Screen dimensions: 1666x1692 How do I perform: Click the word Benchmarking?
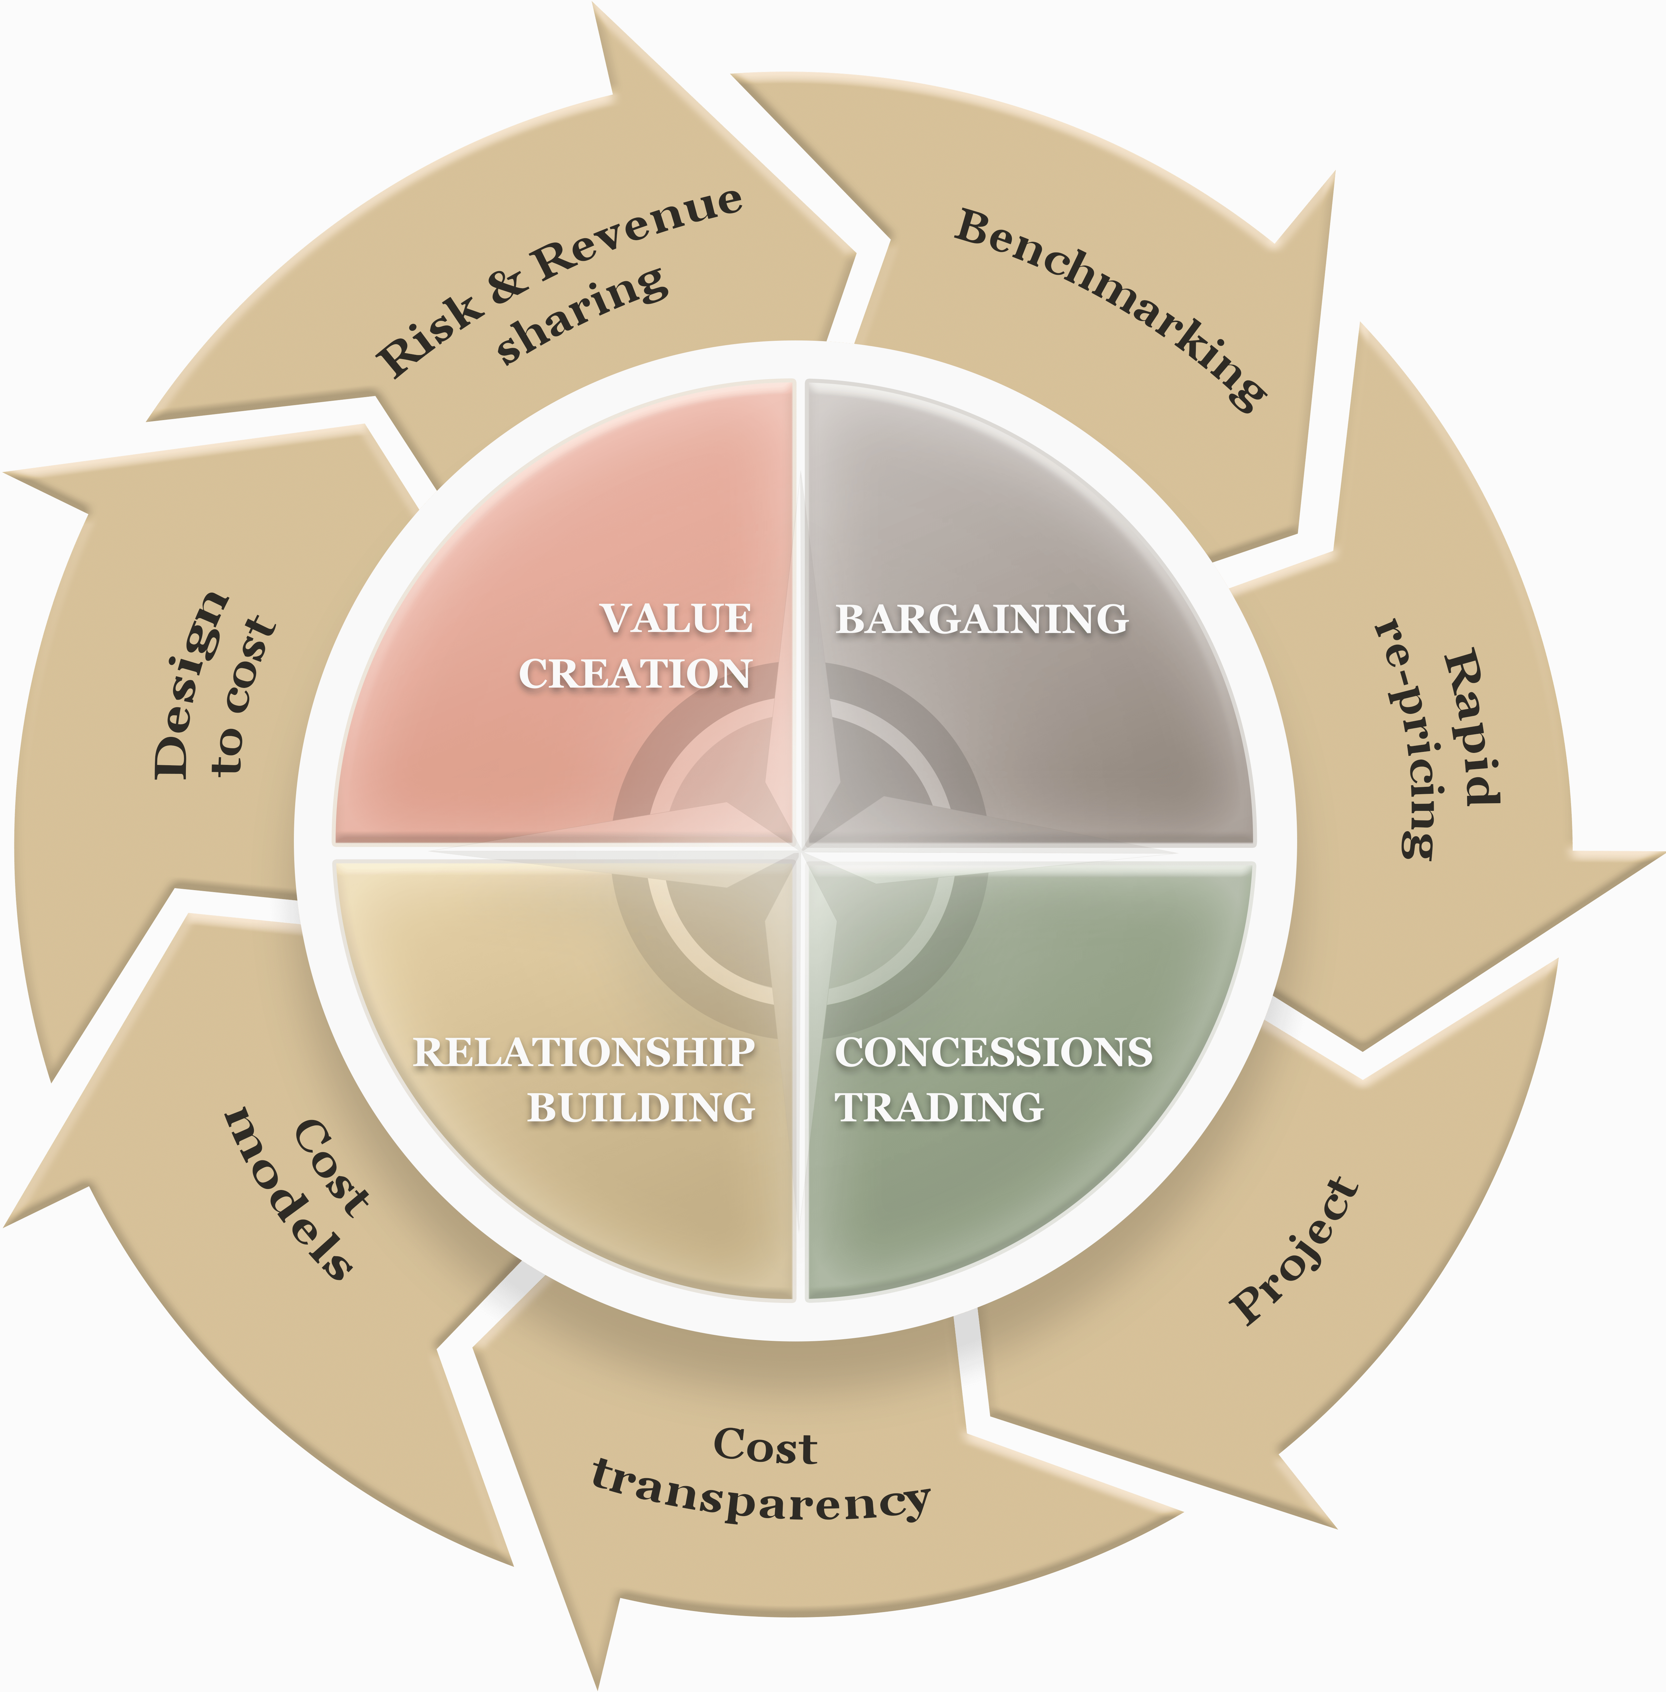[x=1110, y=306]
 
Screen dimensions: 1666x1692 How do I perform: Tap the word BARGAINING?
[x=982, y=619]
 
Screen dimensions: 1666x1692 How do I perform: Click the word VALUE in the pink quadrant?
[x=676, y=619]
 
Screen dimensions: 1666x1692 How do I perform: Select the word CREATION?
[x=635, y=674]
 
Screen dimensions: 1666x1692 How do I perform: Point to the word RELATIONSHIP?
[x=584, y=1052]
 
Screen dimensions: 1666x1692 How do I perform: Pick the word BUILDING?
[x=641, y=1108]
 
